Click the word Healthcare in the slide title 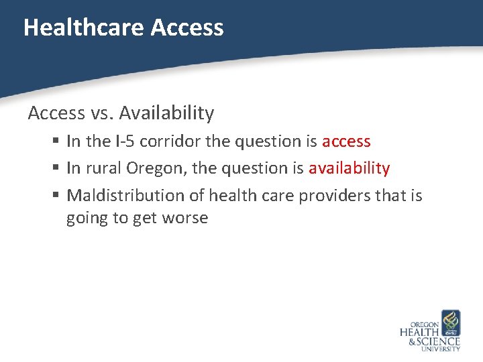click(x=84, y=27)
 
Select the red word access click(x=346, y=141)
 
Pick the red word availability click(x=349, y=168)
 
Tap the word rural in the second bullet click(x=103, y=168)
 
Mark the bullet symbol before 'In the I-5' click(x=58, y=142)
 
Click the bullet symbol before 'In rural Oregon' click(x=58, y=169)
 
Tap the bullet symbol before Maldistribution click(x=58, y=196)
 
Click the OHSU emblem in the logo click(x=450, y=322)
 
